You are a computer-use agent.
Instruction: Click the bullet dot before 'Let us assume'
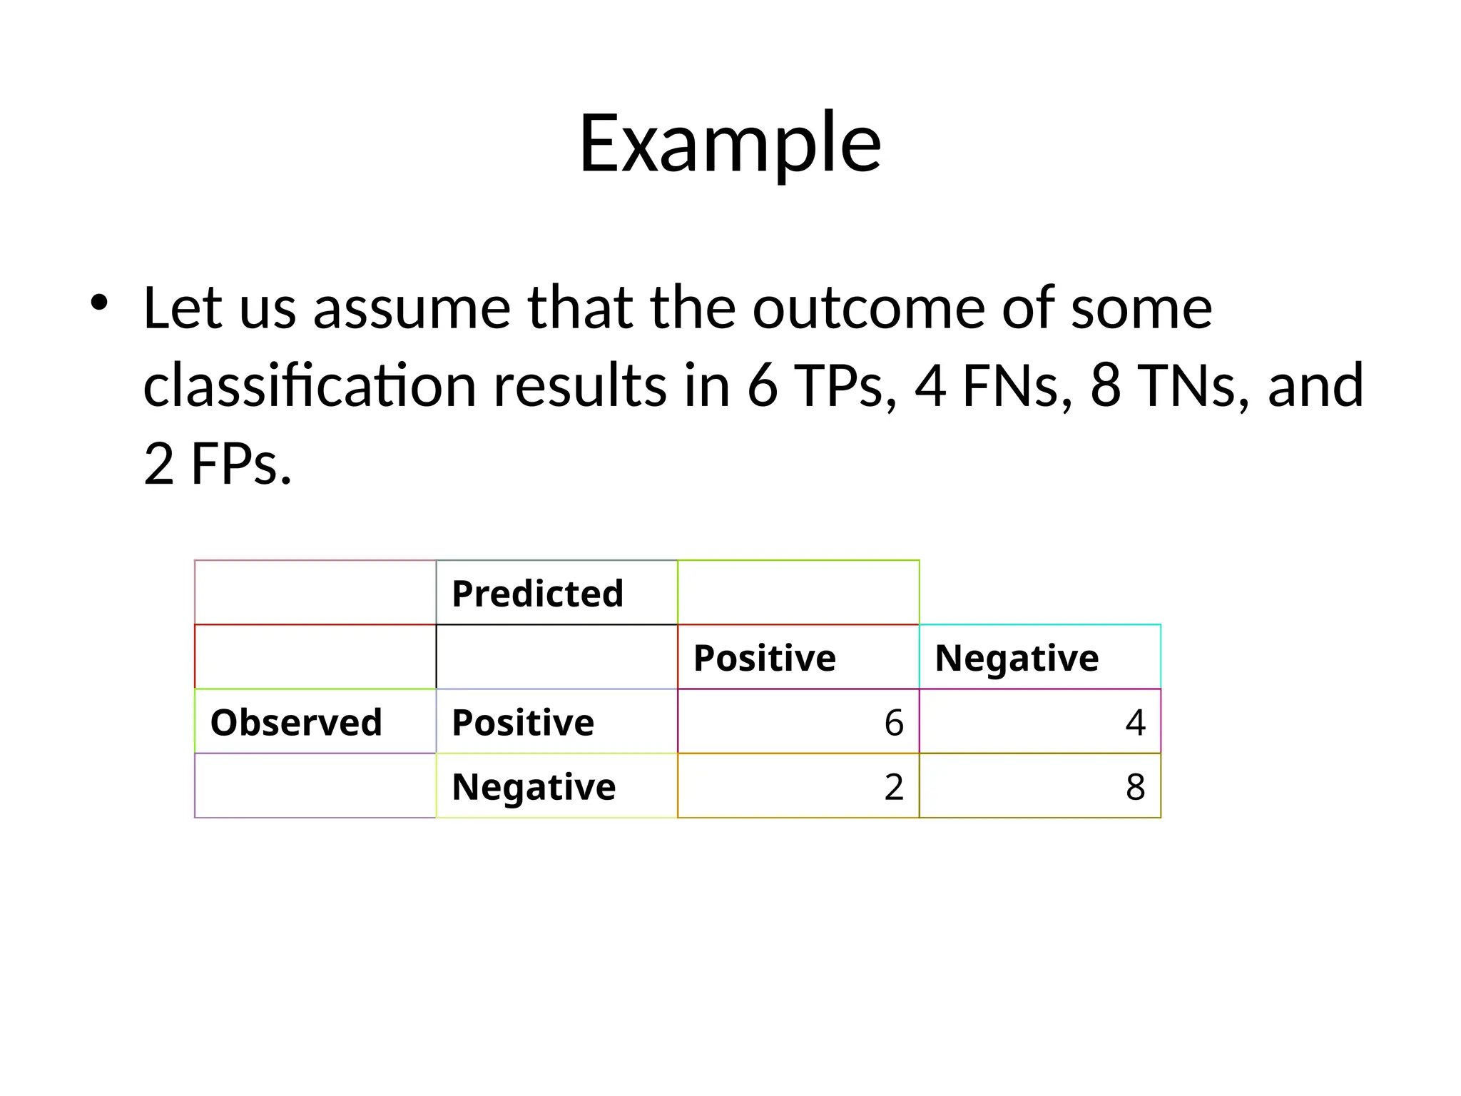(x=99, y=303)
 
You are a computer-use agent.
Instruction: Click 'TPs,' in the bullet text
(x=845, y=386)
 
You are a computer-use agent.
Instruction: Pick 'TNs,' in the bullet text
(x=1193, y=386)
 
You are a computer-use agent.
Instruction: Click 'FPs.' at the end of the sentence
(x=241, y=464)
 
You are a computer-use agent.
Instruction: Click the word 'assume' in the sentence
(x=412, y=308)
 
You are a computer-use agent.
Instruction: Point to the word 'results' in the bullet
(x=579, y=386)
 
